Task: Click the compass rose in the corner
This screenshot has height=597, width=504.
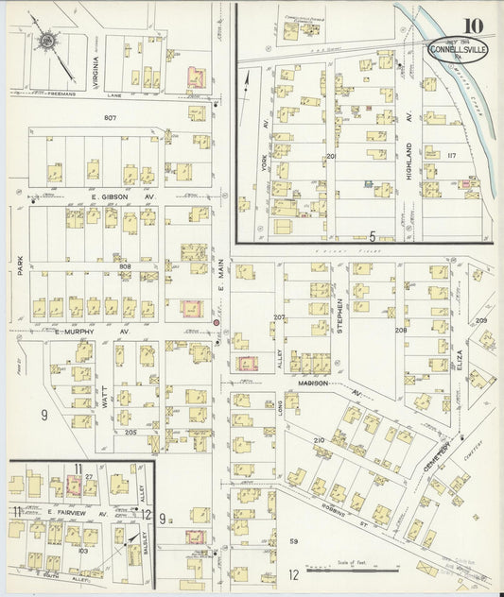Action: (x=44, y=43)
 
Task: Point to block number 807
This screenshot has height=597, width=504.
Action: (x=111, y=116)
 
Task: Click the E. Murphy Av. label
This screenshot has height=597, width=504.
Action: (x=76, y=333)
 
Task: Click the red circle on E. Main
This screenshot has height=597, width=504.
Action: (x=217, y=324)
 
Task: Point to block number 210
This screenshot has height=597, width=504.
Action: (x=319, y=441)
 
